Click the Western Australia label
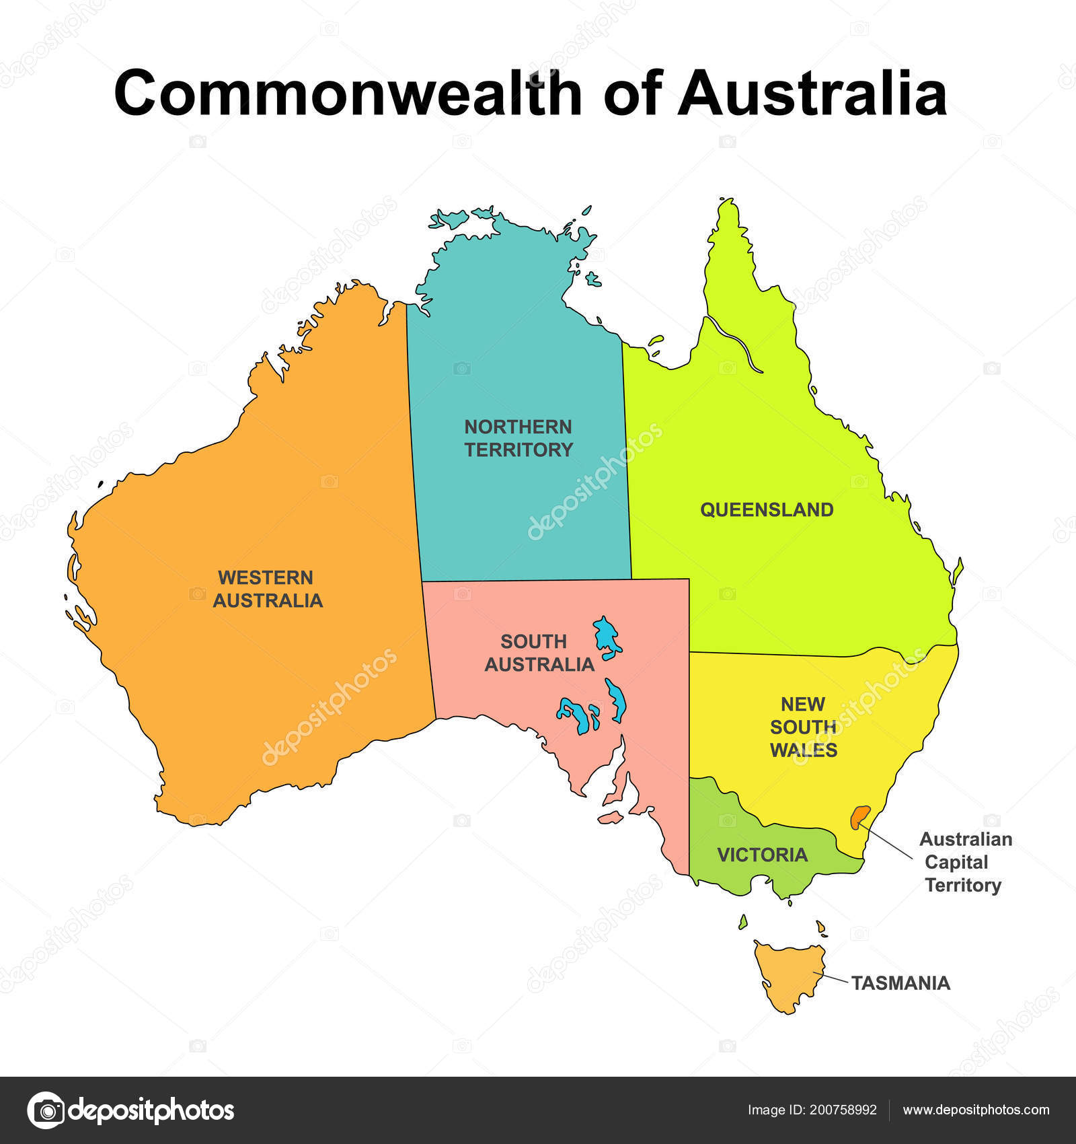click(268, 589)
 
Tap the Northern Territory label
click(518, 438)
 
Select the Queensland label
click(767, 509)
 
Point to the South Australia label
click(539, 653)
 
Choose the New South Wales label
click(803, 727)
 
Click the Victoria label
click(762, 855)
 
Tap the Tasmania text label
click(900, 983)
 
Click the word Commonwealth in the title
click(348, 93)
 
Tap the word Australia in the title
click(812, 93)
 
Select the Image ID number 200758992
click(841, 1110)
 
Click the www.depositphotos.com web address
click(976, 1110)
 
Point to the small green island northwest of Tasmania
click(743, 922)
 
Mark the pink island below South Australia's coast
click(610, 818)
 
